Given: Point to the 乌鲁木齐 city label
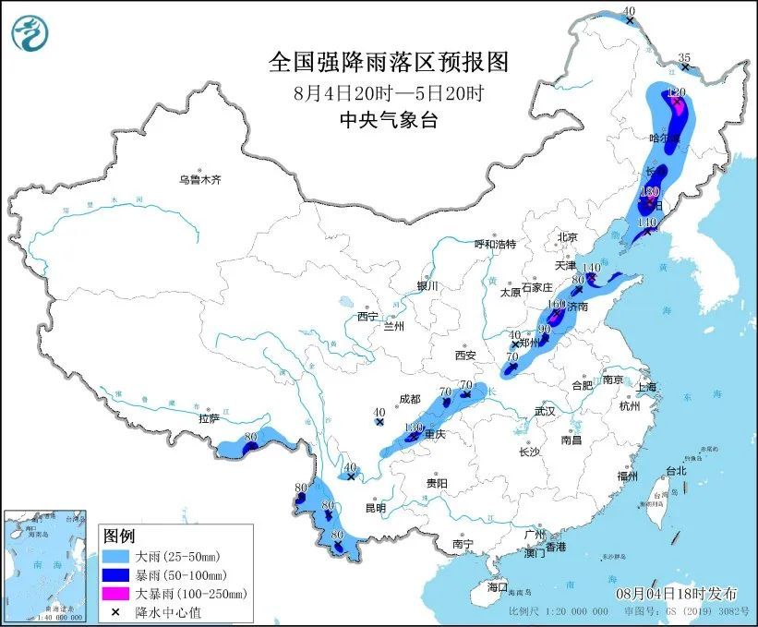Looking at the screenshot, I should pyautogui.click(x=200, y=179).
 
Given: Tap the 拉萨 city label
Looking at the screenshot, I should pyautogui.click(x=209, y=418).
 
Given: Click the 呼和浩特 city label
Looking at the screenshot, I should pyautogui.click(x=495, y=244).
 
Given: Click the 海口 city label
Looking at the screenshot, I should pyautogui.click(x=498, y=586).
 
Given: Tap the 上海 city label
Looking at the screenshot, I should pyautogui.click(x=646, y=386).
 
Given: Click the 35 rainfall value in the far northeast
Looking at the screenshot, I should pyautogui.click(x=684, y=58).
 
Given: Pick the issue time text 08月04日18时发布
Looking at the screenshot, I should pyautogui.click(x=679, y=591).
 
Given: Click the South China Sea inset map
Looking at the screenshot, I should pyautogui.click(x=47, y=565).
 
